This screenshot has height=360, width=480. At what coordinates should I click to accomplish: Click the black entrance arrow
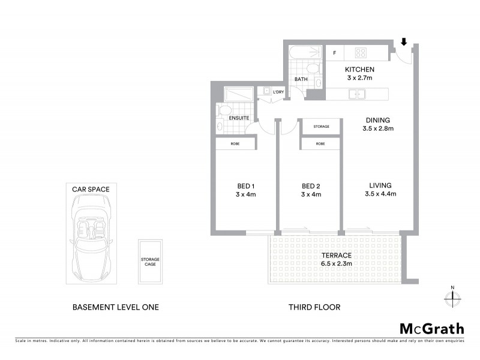[404, 42]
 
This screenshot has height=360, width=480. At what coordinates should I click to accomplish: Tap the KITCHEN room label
[361, 70]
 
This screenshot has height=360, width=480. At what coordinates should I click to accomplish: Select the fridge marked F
[334, 53]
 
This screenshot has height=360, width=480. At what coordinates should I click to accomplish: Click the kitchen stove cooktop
[360, 52]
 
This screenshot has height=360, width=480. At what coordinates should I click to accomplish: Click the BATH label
[301, 79]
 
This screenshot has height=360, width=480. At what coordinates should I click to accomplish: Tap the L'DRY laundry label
[278, 92]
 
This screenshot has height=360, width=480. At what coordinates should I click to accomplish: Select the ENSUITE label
[239, 118]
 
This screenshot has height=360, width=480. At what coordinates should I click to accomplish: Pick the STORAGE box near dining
[321, 127]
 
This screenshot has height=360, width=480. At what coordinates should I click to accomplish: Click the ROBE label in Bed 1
[236, 144]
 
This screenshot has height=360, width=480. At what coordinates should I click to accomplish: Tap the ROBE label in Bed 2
[320, 144]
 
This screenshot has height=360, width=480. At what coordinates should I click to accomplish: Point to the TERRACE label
[335, 255]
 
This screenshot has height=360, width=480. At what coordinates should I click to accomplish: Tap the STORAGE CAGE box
[151, 262]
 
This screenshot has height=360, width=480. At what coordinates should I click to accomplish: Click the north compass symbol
[452, 298]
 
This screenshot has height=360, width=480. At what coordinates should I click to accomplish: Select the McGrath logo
[431, 328]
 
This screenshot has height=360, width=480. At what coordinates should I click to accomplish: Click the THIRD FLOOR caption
[314, 307]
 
